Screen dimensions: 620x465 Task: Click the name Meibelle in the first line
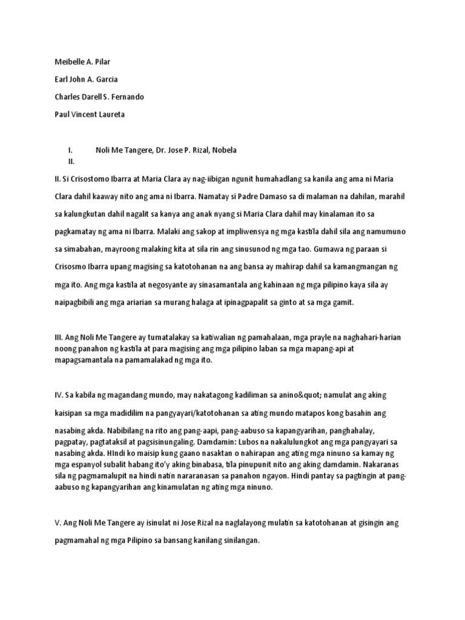[64, 61]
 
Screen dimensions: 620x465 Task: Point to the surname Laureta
[108, 114]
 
